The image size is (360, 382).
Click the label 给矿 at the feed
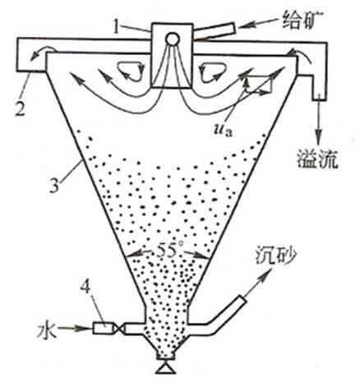pos(303,19)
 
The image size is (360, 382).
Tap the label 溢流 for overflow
pos(317,159)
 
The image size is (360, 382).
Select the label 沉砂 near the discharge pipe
pos(276,256)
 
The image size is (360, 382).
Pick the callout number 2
pos(20,107)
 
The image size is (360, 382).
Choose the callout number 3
pos(54,184)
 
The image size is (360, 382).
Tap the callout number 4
pos(86,288)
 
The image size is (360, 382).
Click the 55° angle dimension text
pos(167,251)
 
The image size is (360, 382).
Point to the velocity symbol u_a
pos(223,131)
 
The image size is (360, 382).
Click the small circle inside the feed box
pos(173,39)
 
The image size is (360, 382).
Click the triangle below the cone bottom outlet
pos(165,368)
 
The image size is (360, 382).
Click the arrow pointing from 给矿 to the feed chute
pos(257,23)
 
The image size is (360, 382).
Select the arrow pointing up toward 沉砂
pos(258,281)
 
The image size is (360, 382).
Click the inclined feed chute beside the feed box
pos(215,32)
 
